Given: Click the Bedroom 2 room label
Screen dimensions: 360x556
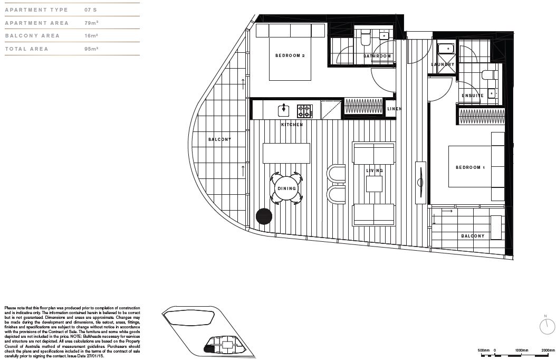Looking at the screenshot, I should [290, 55].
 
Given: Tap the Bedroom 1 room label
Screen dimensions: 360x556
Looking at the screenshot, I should [470, 167].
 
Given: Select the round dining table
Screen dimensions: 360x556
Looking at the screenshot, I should [286, 188].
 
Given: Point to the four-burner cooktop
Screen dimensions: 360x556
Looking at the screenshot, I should [304, 110].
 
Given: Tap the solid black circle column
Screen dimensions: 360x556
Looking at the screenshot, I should [264, 216].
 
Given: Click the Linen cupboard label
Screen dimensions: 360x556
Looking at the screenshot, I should [394, 109].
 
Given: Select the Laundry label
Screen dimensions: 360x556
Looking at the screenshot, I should [442, 64].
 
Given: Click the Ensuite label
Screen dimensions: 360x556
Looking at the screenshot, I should [473, 96].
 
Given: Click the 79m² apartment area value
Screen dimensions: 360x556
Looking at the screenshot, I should [91, 23].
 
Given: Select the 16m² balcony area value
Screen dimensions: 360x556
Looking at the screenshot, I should [91, 36].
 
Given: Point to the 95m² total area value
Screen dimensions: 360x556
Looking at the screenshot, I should [91, 49].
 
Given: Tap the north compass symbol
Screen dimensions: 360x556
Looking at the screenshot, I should [547, 327].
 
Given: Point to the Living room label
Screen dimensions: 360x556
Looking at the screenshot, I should [375, 170].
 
